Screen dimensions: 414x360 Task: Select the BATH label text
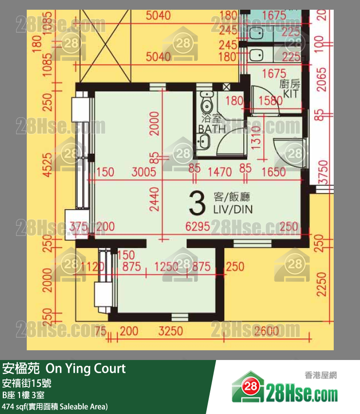click(212, 129)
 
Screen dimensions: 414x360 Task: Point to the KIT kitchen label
click(290, 94)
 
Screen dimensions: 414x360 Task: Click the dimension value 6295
click(200, 226)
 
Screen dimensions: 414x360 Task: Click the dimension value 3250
click(171, 332)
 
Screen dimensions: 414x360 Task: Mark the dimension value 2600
click(267, 332)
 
